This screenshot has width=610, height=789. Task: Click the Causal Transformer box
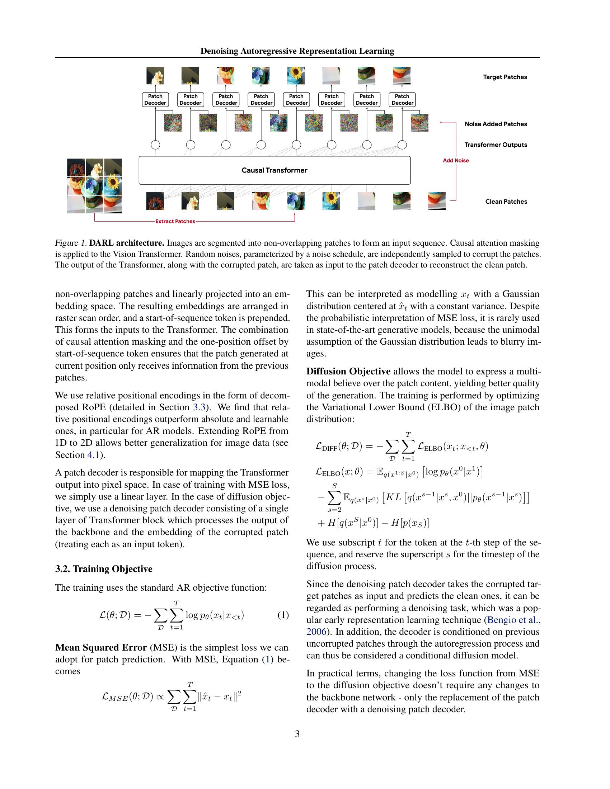coord(274,170)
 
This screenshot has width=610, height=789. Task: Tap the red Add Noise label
coord(456,160)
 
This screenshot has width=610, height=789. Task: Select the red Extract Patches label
coord(175,221)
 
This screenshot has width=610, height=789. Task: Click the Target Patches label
coord(505,77)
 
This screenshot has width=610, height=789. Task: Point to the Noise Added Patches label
coord(496,124)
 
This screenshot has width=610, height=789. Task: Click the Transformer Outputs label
coord(496,145)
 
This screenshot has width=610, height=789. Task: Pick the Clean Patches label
coord(506,202)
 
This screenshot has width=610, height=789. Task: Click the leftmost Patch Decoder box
coord(155,99)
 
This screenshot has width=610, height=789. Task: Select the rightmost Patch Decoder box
coord(402,99)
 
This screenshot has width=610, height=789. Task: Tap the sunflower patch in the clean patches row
coord(331,201)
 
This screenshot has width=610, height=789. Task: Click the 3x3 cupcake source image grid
coord(95,186)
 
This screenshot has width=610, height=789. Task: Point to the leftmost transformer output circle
coord(155,145)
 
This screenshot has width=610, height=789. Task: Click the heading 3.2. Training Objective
coord(104,569)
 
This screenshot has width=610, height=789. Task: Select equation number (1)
coord(283,614)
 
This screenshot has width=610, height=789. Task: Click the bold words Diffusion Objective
coord(348,372)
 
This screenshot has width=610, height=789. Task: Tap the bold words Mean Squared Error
coord(101,647)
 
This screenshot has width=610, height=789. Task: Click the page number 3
coord(297,734)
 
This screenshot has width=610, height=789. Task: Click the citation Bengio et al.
coord(513,620)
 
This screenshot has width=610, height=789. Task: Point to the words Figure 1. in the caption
coord(70,243)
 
